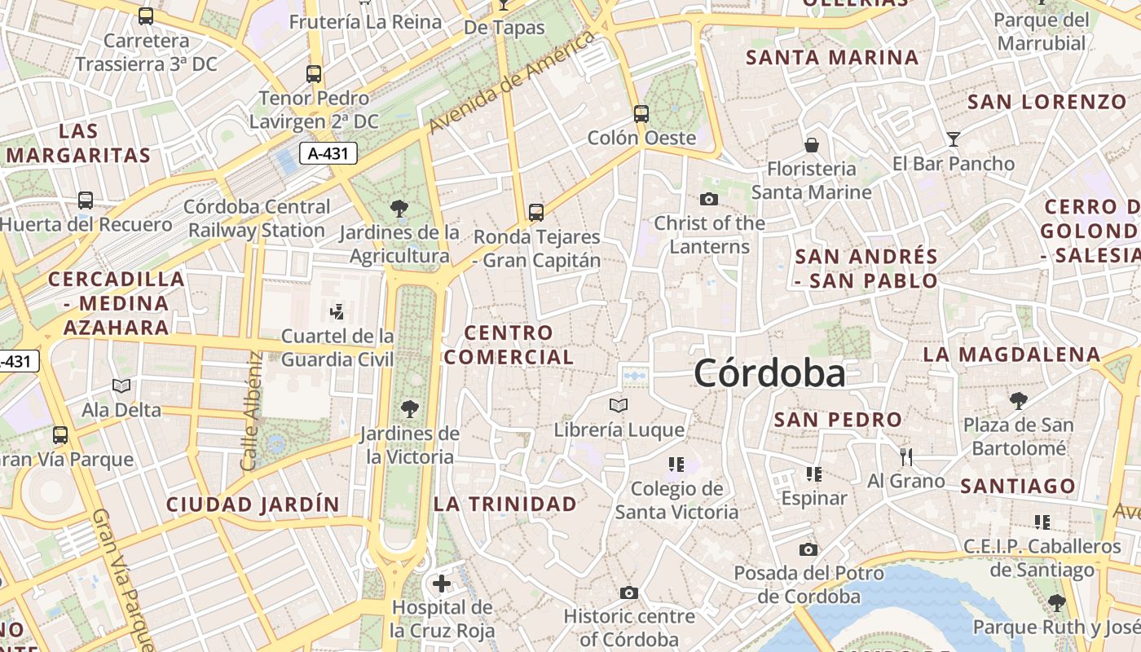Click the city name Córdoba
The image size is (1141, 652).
coord(769,374)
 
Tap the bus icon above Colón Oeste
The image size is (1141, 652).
coord(641,113)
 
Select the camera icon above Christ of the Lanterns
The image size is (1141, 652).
coord(709,199)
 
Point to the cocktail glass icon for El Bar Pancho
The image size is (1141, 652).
coord(954,139)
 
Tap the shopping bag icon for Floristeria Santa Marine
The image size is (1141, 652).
coord(811,145)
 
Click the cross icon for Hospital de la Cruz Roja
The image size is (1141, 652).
coord(442,584)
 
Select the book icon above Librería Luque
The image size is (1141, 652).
coord(619,405)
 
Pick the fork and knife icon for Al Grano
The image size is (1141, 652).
coord(905,456)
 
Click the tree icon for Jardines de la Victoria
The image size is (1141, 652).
coord(409,409)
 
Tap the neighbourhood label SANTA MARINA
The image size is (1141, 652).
coord(832,58)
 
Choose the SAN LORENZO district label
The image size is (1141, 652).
coord(1046,102)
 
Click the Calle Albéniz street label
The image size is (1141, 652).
coord(250,411)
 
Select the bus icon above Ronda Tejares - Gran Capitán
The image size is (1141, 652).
coord(535,213)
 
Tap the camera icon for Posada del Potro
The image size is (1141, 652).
coord(808,549)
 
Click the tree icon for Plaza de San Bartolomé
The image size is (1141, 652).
coord(1018,400)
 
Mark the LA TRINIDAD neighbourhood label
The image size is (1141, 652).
coord(505,504)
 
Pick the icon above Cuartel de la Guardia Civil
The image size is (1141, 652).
coord(337,311)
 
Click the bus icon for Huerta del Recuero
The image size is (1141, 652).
coord(86,200)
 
